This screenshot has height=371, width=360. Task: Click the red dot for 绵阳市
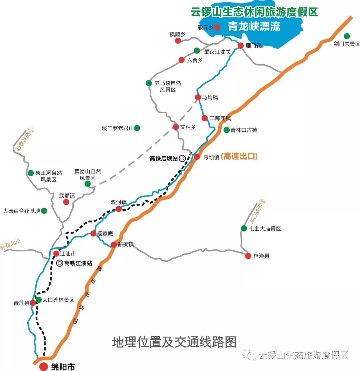[x=43, y=367]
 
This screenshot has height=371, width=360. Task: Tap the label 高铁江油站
[x=78, y=263]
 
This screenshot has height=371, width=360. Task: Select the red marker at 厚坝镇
[x=197, y=157]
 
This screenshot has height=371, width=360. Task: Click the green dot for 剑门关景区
[x=347, y=36]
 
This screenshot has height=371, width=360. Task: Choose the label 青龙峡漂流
[x=254, y=26]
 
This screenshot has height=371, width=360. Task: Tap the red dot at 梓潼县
[x=248, y=256]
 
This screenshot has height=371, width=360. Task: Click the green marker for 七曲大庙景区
[x=244, y=228]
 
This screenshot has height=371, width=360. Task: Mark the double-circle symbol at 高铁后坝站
[x=182, y=159]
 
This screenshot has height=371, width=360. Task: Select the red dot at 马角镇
[x=198, y=97]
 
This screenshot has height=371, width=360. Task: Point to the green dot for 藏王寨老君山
[x=137, y=128]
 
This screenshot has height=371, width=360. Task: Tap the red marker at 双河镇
[x=118, y=209]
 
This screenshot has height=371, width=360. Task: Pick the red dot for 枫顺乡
[x=178, y=40]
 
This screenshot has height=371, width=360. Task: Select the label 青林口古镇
[x=244, y=130]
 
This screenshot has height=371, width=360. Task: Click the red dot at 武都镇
[x=66, y=202]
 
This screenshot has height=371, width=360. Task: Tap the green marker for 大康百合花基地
[x=44, y=211]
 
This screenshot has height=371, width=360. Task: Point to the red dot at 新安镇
[x=114, y=244]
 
